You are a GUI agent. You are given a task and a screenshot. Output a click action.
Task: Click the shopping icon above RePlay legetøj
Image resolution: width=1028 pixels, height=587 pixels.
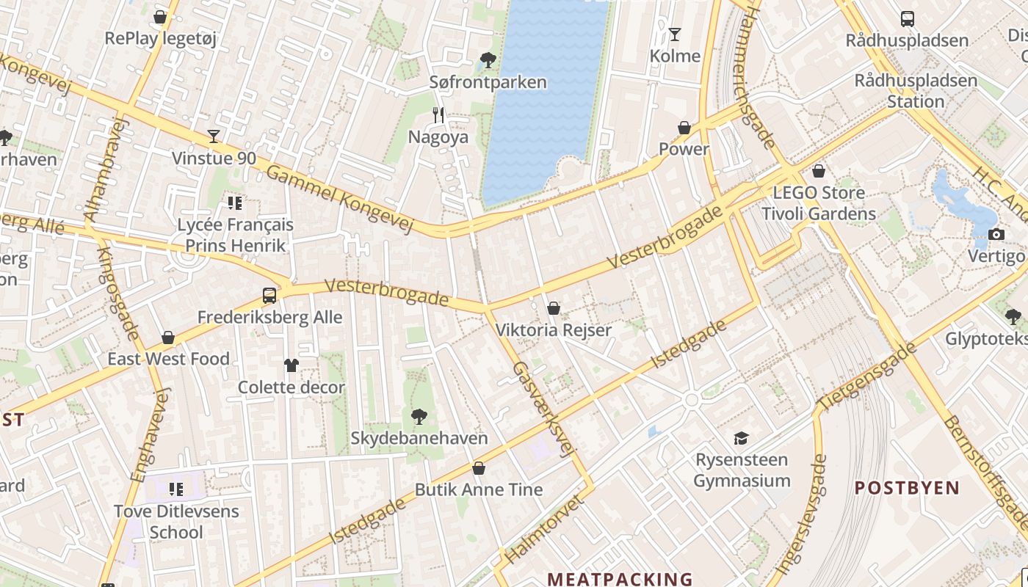[x=160, y=17]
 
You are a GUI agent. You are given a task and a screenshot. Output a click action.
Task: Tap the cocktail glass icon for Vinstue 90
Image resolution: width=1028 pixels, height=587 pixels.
[x=214, y=136]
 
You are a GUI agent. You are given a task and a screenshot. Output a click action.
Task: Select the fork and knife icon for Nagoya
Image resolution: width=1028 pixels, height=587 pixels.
[x=438, y=114]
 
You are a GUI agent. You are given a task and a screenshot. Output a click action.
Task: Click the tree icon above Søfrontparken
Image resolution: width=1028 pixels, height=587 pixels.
[x=488, y=59]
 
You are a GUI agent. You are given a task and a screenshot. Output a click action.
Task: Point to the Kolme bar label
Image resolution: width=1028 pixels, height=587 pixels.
[x=675, y=56]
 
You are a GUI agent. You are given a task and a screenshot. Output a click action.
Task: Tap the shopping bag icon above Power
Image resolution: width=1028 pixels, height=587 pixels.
[x=684, y=128]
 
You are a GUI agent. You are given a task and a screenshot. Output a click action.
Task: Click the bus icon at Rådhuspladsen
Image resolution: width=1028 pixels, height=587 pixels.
[x=908, y=19]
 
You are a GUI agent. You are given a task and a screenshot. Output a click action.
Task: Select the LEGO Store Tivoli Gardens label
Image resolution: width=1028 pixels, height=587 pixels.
[x=819, y=203]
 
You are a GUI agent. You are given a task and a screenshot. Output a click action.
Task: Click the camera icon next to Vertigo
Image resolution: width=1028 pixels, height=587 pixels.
[x=996, y=234]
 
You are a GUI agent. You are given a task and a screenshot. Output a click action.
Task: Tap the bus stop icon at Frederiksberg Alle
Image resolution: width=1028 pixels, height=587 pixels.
[x=269, y=296]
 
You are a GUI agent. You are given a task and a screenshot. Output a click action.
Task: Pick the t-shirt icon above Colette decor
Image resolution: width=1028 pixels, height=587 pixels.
[x=292, y=365]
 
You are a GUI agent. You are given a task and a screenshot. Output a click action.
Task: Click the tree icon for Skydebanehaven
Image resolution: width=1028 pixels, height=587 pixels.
[x=419, y=417]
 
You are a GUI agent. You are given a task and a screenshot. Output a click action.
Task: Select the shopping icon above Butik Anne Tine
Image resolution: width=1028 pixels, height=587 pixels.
[x=479, y=467]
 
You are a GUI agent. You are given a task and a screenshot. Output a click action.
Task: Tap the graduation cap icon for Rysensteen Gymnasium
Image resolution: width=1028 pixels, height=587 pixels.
[x=742, y=438]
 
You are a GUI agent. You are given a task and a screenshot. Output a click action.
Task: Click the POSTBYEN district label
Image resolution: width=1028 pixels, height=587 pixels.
[x=907, y=488]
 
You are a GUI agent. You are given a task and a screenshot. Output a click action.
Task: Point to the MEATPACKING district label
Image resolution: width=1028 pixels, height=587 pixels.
[x=620, y=579]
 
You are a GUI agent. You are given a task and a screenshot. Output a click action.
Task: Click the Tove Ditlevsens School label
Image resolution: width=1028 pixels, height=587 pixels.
[x=176, y=521]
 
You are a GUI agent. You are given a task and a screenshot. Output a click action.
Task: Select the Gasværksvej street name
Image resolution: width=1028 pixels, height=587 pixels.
[x=541, y=409]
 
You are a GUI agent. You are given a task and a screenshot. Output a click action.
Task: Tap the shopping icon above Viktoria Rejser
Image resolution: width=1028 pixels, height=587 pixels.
[x=554, y=308]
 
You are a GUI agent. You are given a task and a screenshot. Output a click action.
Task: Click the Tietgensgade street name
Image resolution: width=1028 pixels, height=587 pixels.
[x=867, y=376]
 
